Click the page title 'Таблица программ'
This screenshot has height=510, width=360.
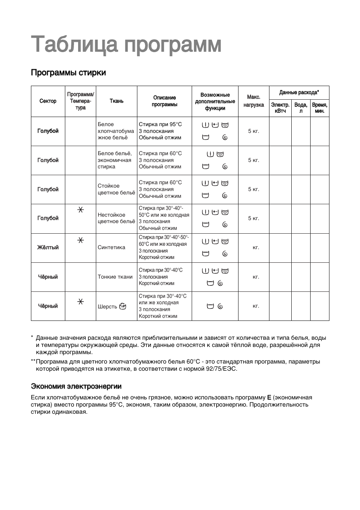coord(126,45)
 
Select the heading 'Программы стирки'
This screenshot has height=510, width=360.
coord(68,72)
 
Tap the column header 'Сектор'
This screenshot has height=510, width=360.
coord(48,101)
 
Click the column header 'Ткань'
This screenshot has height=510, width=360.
coord(116,101)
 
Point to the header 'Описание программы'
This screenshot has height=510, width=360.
coord(165,101)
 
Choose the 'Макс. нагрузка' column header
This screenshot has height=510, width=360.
coord(254,101)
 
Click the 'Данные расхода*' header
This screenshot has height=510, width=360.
coord(299,92)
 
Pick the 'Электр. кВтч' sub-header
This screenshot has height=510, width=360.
coord(280,108)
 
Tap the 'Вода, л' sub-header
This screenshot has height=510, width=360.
coord(301,108)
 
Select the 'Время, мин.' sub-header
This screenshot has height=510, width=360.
coord(320,108)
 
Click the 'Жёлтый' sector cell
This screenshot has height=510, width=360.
coord(48,248)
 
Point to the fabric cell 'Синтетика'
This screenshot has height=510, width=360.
coord(111,248)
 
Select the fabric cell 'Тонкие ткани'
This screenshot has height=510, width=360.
coord(115,277)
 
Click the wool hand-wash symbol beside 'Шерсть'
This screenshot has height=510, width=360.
coord(122,306)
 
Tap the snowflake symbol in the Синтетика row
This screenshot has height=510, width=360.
coord(80,240)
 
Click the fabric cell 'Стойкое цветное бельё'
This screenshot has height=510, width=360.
coord(116,189)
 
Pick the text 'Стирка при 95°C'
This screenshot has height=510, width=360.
coord(160,124)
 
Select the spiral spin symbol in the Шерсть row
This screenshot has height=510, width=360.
coord(220,306)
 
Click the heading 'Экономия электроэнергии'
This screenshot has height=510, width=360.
coord(76,386)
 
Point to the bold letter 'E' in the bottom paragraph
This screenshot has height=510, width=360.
coord(269,398)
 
